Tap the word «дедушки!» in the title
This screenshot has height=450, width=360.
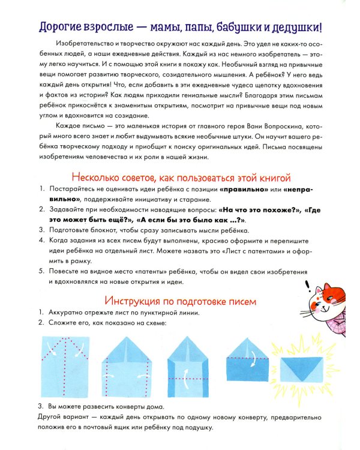click(296, 27)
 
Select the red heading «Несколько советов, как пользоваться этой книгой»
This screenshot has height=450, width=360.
click(181, 178)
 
